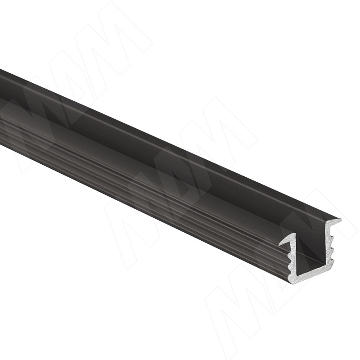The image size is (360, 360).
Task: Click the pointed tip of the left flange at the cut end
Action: (279, 244)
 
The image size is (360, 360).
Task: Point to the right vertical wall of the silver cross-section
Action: (331, 243)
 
